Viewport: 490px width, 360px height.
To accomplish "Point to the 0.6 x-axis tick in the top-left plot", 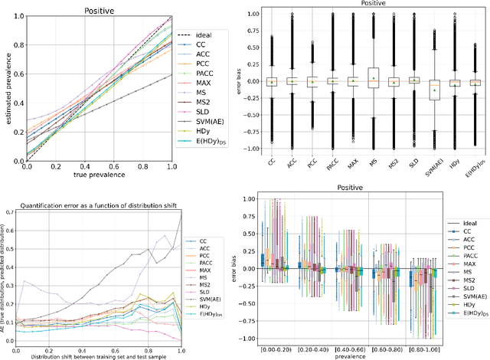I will pyautogui.click(x=113, y=167).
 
